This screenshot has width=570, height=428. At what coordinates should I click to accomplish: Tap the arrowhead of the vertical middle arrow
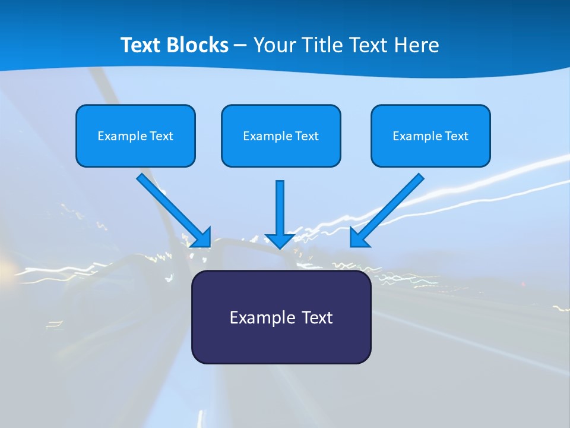pos(280,240)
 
